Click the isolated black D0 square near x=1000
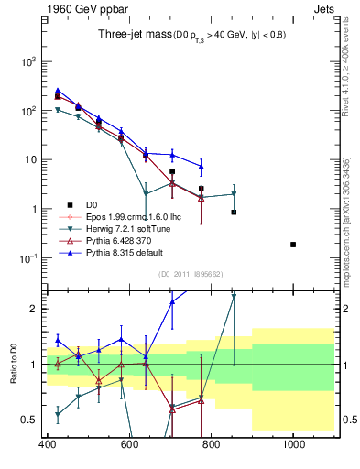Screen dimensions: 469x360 293,245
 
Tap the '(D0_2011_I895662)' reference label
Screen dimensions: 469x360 191,274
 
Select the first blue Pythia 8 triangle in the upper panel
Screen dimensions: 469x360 58,91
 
